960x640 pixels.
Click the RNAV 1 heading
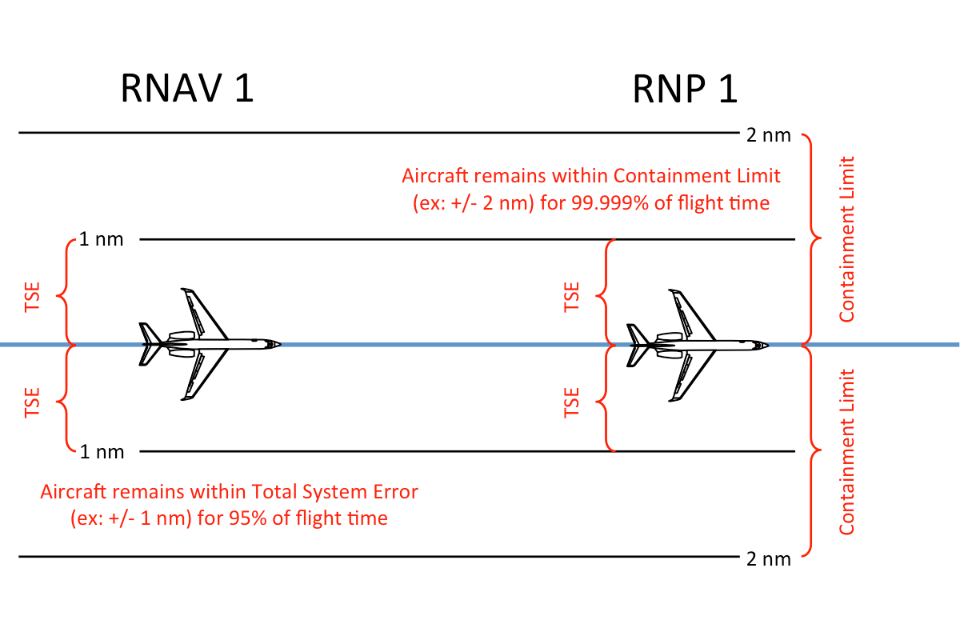point(187,88)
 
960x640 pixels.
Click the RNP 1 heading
point(685,90)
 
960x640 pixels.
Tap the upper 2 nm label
point(768,134)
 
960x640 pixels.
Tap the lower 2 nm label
point(768,558)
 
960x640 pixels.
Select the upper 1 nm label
point(102,239)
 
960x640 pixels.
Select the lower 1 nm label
point(102,452)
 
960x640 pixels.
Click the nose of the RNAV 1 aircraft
point(278,344)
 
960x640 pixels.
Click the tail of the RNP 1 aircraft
point(635,345)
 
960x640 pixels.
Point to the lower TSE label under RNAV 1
point(33,402)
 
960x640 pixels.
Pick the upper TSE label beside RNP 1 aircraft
point(571,297)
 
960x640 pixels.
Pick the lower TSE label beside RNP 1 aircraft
point(571,402)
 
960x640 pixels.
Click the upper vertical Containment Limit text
point(847,239)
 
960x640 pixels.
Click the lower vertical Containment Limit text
point(847,452)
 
